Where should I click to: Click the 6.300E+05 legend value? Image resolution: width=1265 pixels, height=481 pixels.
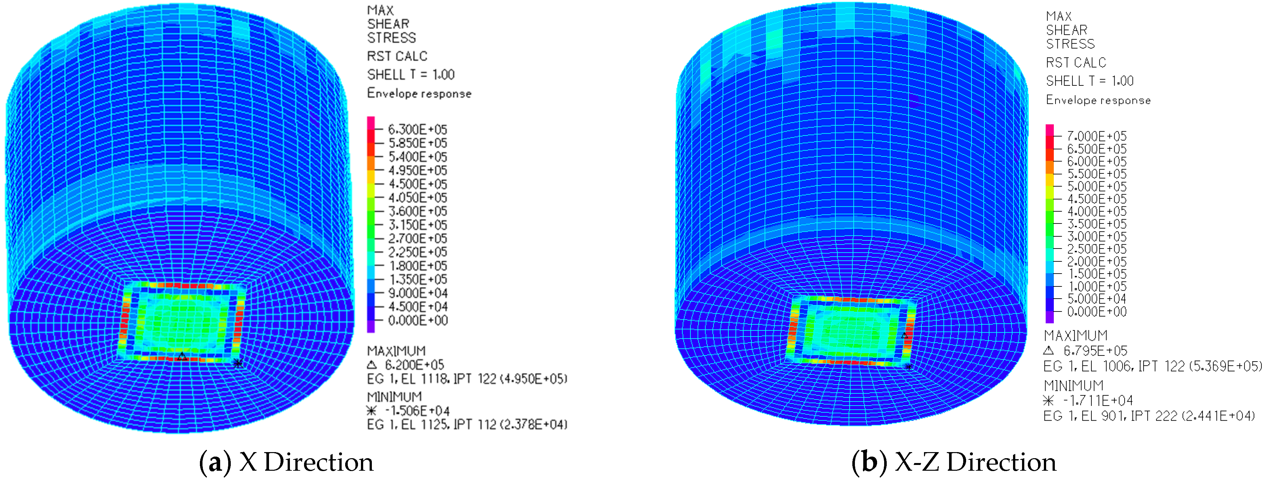[x=417, y=130]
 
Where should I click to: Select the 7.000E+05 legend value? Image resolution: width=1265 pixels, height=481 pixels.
[x=1097, y=136]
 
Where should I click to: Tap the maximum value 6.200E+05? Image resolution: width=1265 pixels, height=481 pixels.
[x=415, y=365]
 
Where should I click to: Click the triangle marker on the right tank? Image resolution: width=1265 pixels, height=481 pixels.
[x=904, y=335]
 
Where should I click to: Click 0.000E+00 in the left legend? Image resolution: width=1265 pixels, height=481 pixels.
[x=417, y=320]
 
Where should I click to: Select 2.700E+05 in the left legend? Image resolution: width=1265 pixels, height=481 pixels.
[x=417, y=239]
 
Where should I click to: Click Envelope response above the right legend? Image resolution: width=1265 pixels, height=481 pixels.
[x=1098, y=100]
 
